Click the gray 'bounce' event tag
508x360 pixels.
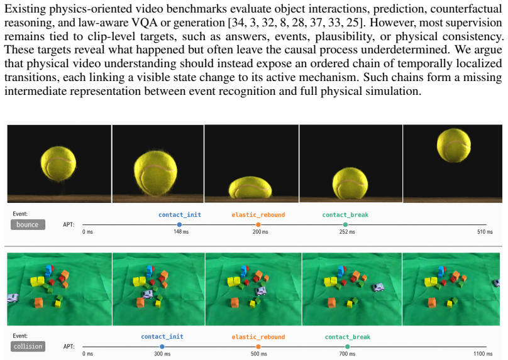[x=28, y=224]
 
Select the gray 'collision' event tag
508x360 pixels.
[x=28, y=346]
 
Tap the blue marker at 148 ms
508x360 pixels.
[x=179, y=224]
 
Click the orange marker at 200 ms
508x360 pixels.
[x=258, y=224]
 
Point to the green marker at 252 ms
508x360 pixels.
[x=345, y=224]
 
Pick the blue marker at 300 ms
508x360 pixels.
[x=162, y=346]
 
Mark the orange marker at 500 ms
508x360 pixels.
[x=258, y=346]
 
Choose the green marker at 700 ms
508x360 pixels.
[x=347, y=346]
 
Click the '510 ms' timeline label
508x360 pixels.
[x=485, y=232]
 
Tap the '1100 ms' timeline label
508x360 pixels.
[x=483, y=354]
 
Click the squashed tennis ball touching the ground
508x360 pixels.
[x=250, y=187]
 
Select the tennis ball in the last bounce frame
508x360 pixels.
[x=453, y=145]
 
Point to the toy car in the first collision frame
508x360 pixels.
[x=13, y=298]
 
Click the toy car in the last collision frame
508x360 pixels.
[x=496, y=283]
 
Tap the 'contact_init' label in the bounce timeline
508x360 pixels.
[x=180, y=215]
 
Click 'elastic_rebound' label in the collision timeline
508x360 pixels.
[x=258, y=337]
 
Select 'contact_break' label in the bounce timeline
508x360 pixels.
[x=345, y=215]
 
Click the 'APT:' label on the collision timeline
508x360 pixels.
[x=69, y=346]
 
